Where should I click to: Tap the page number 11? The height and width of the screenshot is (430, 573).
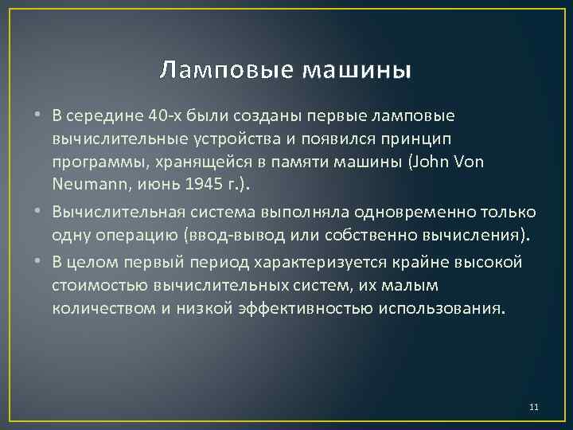pos(533,408)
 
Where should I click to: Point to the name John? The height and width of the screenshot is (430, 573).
pos(439,162)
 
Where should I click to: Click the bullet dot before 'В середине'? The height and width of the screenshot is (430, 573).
pos(39,116)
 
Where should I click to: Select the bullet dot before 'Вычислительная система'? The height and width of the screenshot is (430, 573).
pos(39,213)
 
